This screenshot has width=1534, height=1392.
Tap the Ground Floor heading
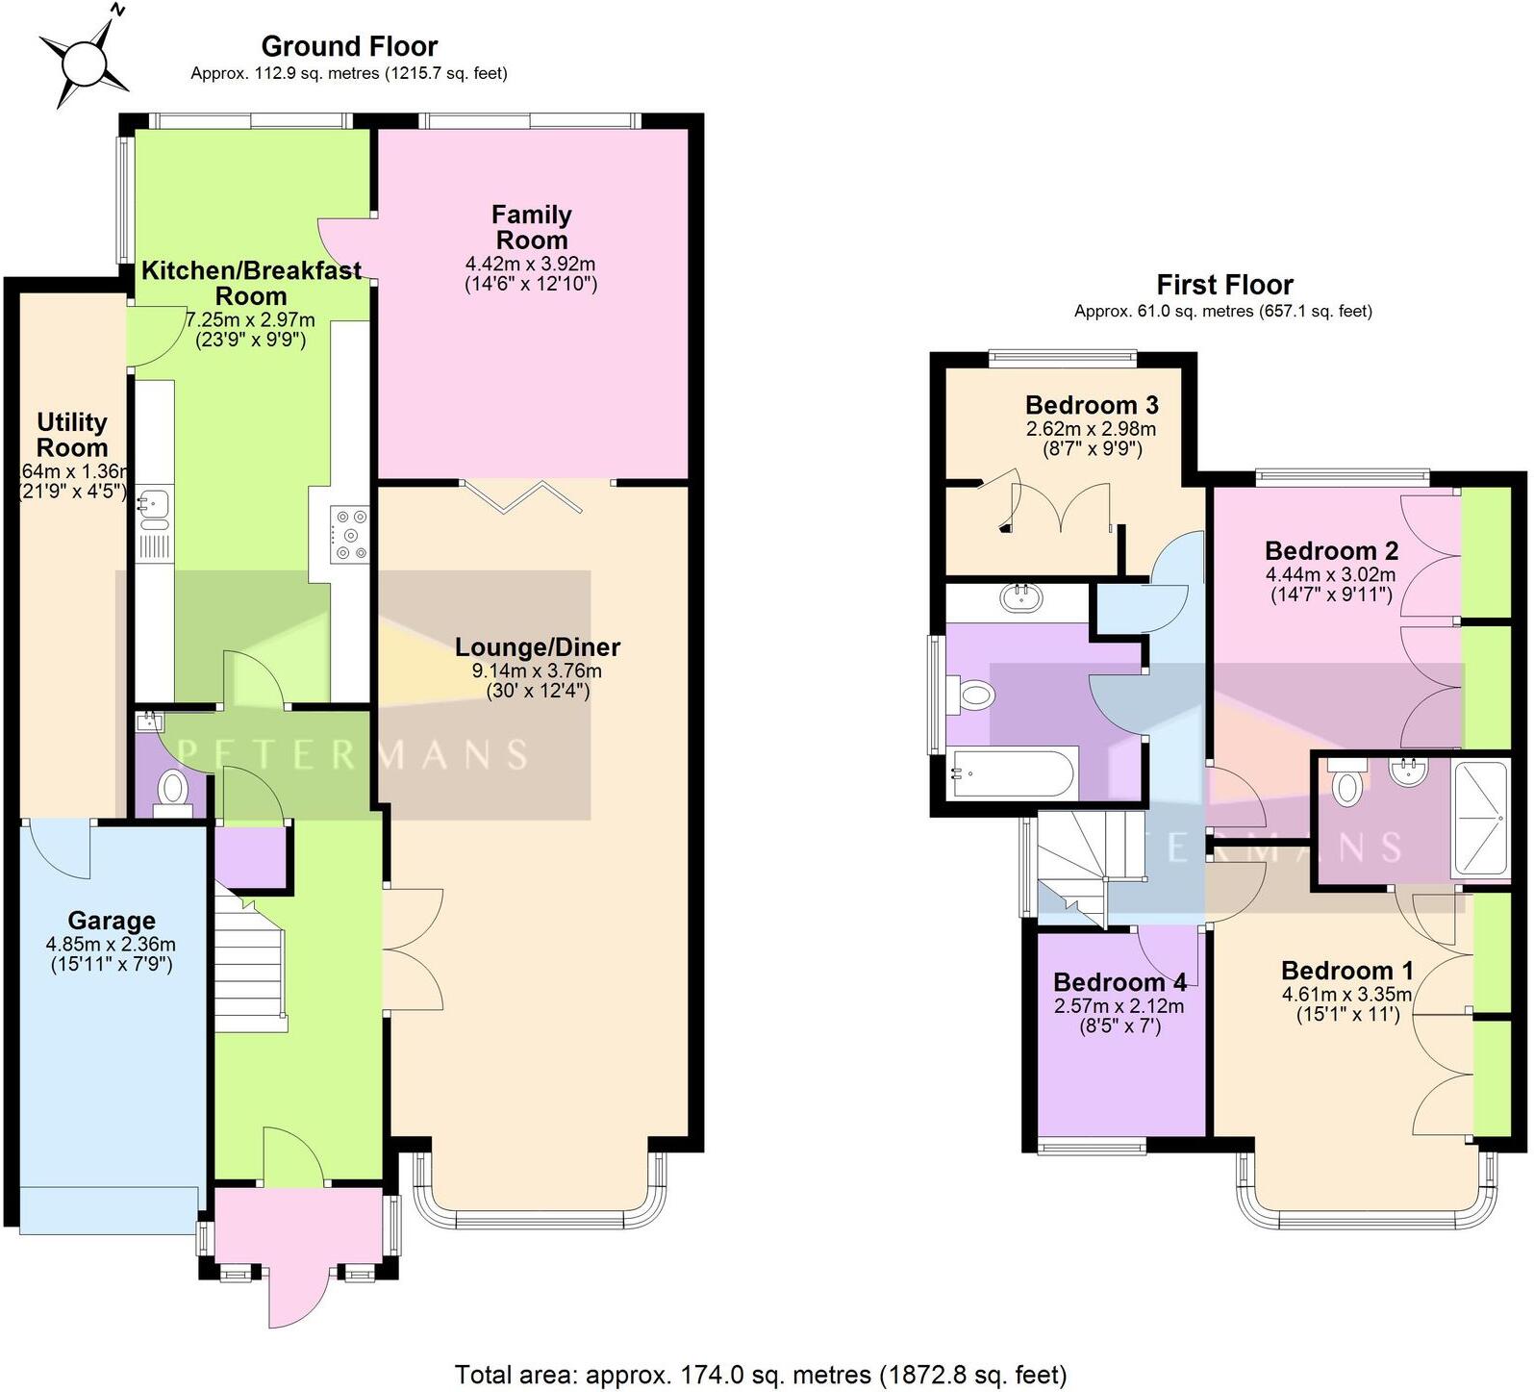[x=349, y=46]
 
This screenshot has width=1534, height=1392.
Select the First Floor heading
[x=1224, y=285]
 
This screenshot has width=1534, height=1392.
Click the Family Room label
[x=531, y=228]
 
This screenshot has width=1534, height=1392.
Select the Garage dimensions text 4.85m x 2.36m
[x=112, y=945]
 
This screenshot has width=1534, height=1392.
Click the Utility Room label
[x=72, y=435]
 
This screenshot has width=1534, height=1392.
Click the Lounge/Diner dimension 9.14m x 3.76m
[x=537, y=671]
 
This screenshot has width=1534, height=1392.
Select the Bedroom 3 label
[x=1092, y=405]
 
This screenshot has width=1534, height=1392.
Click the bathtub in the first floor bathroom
[x=1009, y=774]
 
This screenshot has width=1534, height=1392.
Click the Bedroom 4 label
[x=1119, y=982]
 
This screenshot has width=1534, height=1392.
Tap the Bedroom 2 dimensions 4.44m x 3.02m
[x=1331, y=575]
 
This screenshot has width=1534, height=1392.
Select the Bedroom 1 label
[x=1337, y=971]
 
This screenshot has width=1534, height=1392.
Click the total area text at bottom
[x=760, y=1374]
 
